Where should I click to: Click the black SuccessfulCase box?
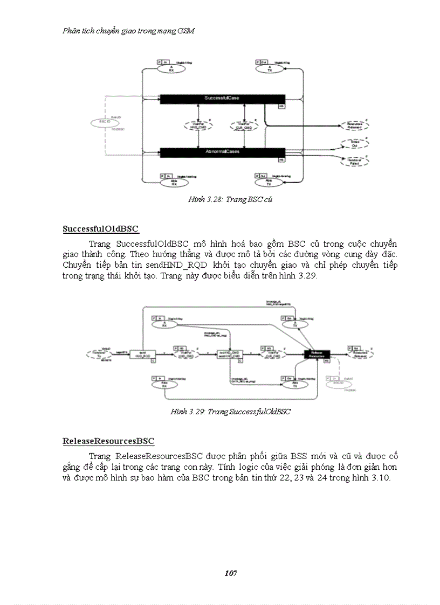click(x=222, y=98)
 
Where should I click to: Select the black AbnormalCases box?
click(x=222, y=152)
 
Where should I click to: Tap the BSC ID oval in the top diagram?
click(x=105, y=122)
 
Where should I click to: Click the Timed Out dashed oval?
click(x=354, y=144)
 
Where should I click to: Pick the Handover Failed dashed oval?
click(x=354, y=160)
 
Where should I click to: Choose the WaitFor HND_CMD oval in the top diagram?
click(x=200, y=126)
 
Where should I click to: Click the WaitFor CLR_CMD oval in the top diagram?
click(x=245, y=126)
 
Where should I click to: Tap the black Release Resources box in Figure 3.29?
click(x=317, y=354)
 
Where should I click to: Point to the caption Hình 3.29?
click(x=231, y=412)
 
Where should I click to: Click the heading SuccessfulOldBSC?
click(x=101, y=229)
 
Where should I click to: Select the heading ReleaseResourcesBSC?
click(x=108, y=441)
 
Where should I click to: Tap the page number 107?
click(x=230, y=573)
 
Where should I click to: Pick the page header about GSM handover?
click(x=128, y=31)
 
